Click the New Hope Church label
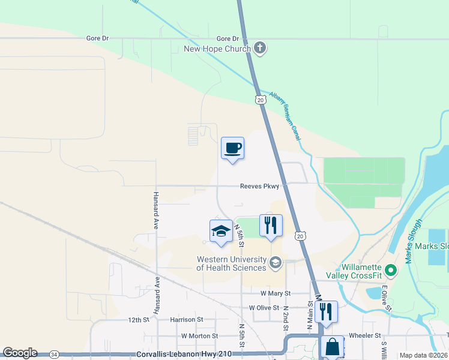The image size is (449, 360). tap(217, 49)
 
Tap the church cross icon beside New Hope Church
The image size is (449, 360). tap(260, 48)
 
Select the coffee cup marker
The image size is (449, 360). tap(232, 148)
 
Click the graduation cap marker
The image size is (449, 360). tap(221, 232)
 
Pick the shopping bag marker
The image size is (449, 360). tap(332, 347)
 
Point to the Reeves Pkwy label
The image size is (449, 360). tap(259, 187)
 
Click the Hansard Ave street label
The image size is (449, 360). tap(155, 211)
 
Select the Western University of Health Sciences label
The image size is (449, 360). tap(231, 263)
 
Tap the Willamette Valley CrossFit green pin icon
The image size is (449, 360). tap(391, 271)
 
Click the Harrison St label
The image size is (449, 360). tap(187, 320)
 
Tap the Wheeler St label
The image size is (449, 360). tap(365, 335)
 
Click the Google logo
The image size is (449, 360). tap(20, 353)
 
